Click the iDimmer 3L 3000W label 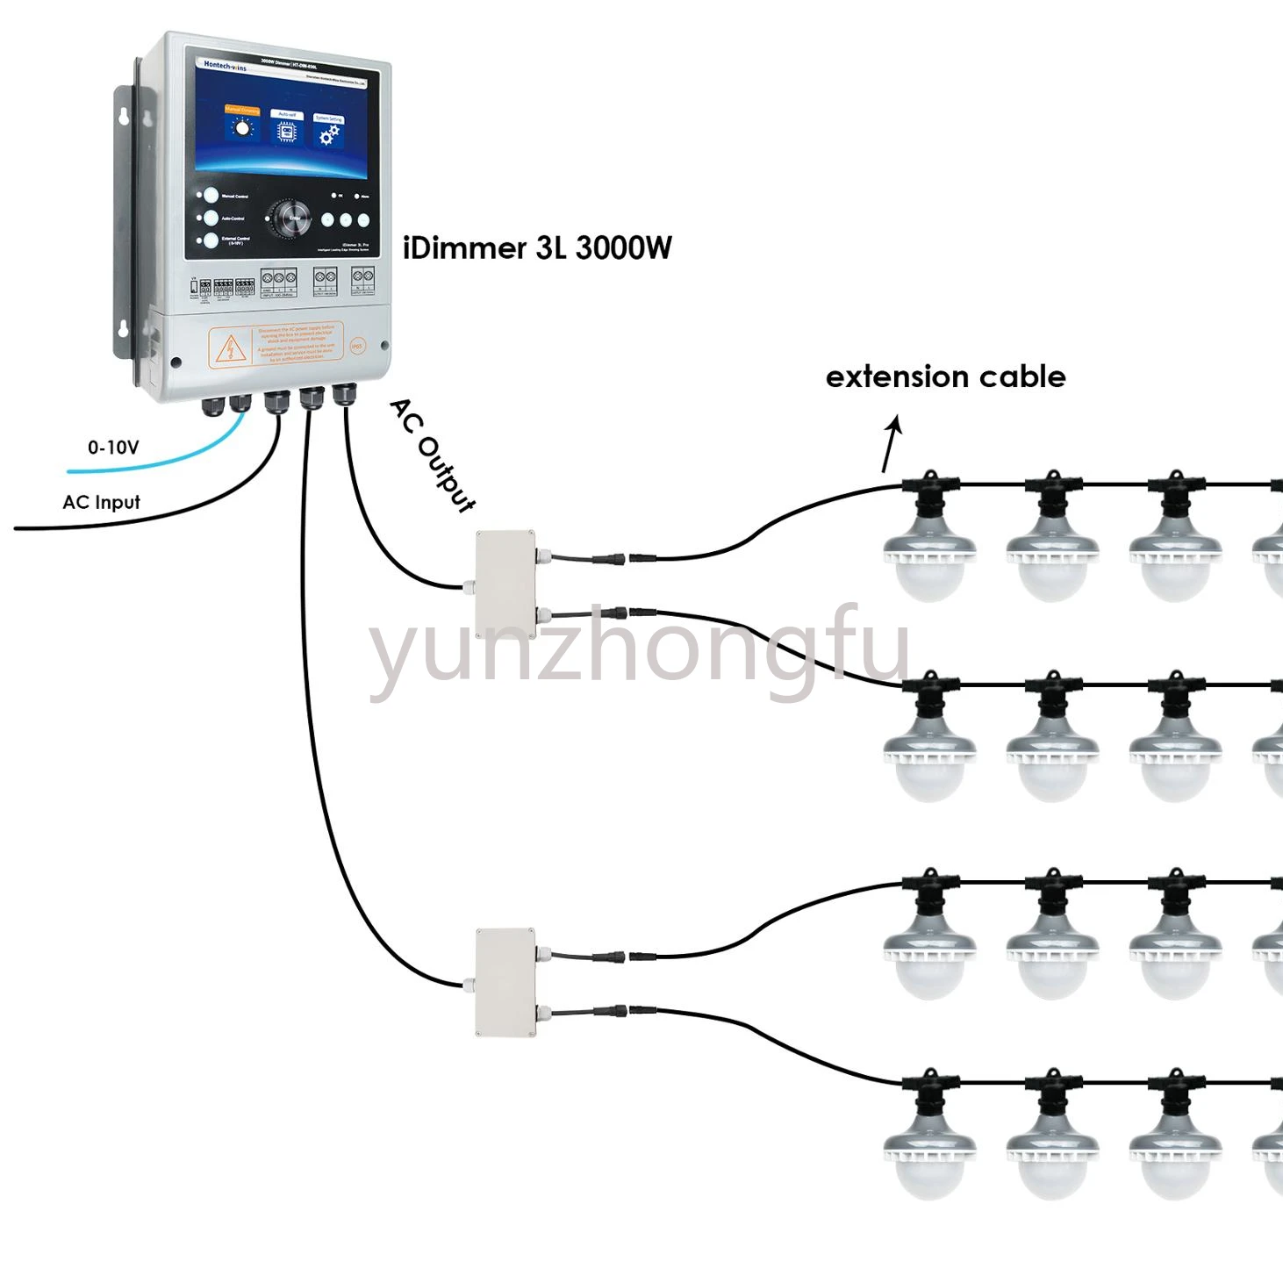tap(537, 248)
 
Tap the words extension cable tap(945, 376)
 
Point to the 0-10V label tap(113, 448)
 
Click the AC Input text tap(101, 502)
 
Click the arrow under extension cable tap(892, 444)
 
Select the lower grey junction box tap(505, 982)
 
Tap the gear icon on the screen tap(329, 134)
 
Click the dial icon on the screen tap(241, 128)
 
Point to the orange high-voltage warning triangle tap(230, 348)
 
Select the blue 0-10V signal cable tap(158, 464)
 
